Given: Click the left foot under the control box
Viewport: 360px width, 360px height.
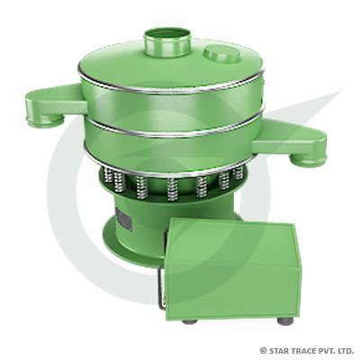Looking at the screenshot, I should (187, 319).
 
